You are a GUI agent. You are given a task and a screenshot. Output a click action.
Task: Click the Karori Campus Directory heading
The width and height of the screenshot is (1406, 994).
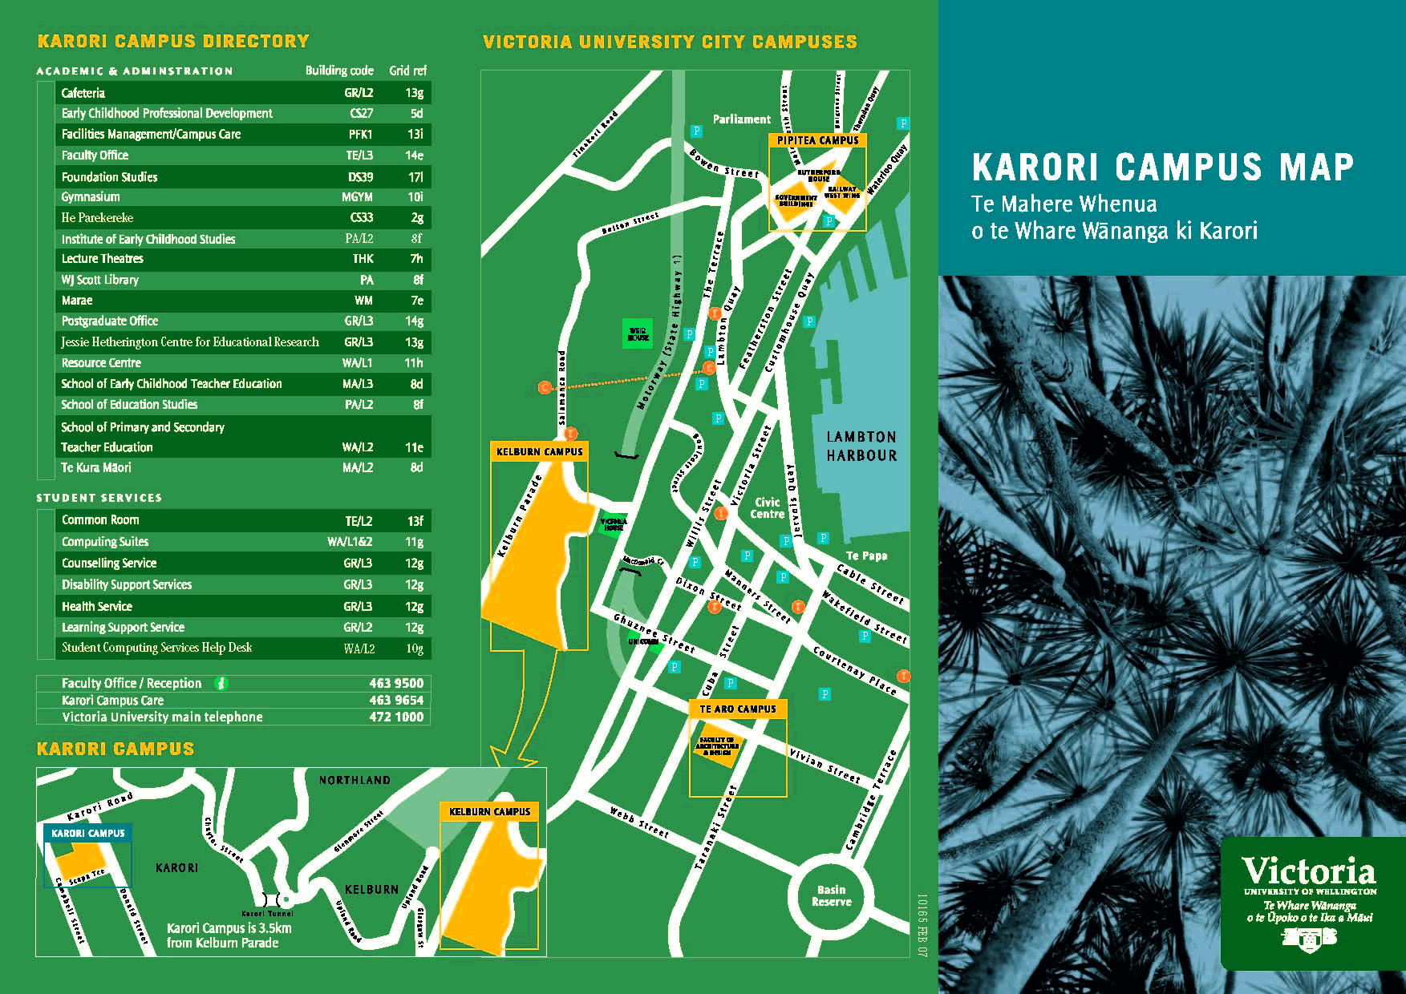pos(173,41)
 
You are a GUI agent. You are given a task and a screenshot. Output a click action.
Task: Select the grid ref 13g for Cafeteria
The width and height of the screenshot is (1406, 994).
pos(414,93)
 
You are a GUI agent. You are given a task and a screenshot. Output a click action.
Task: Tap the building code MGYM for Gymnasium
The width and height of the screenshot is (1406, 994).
pos(357,197)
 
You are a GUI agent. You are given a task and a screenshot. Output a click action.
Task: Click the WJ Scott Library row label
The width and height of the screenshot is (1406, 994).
pos(100,280)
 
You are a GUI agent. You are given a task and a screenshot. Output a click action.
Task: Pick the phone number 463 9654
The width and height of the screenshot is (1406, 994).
pos(396,700)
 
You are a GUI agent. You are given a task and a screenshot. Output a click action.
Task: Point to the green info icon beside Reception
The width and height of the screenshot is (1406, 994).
pos(221,683)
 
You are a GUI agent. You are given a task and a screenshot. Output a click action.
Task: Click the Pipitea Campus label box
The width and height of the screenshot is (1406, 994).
pos(817,140)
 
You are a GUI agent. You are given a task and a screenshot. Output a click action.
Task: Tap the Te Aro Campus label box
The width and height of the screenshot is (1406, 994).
pos(737,709)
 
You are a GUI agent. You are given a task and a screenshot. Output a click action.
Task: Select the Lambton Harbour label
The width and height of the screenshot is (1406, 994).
pos(861,446)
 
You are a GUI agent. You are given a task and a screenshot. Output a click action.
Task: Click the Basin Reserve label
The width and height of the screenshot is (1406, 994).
pos(831,895)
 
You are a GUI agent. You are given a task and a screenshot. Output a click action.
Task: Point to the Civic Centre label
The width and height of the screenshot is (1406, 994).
pos(767,507)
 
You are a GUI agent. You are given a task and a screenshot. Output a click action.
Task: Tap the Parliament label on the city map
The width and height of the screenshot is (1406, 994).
pos(741,119)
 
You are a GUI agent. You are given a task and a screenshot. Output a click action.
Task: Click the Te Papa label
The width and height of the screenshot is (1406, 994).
pos(866,556)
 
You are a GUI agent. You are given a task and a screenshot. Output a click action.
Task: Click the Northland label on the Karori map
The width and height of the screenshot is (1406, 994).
pos(355,780)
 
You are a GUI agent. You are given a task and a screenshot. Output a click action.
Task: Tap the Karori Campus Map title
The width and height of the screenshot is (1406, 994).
pos(1162,168)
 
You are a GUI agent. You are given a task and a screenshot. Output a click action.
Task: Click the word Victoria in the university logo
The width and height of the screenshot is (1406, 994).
pos(1308,871)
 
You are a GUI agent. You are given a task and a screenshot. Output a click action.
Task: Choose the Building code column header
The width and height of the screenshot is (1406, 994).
pos(339,71)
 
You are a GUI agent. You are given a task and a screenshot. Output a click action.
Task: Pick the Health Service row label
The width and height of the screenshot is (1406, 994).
pos(97,607)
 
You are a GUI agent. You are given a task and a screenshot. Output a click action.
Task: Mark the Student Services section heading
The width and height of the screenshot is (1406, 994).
pos(99,498)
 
